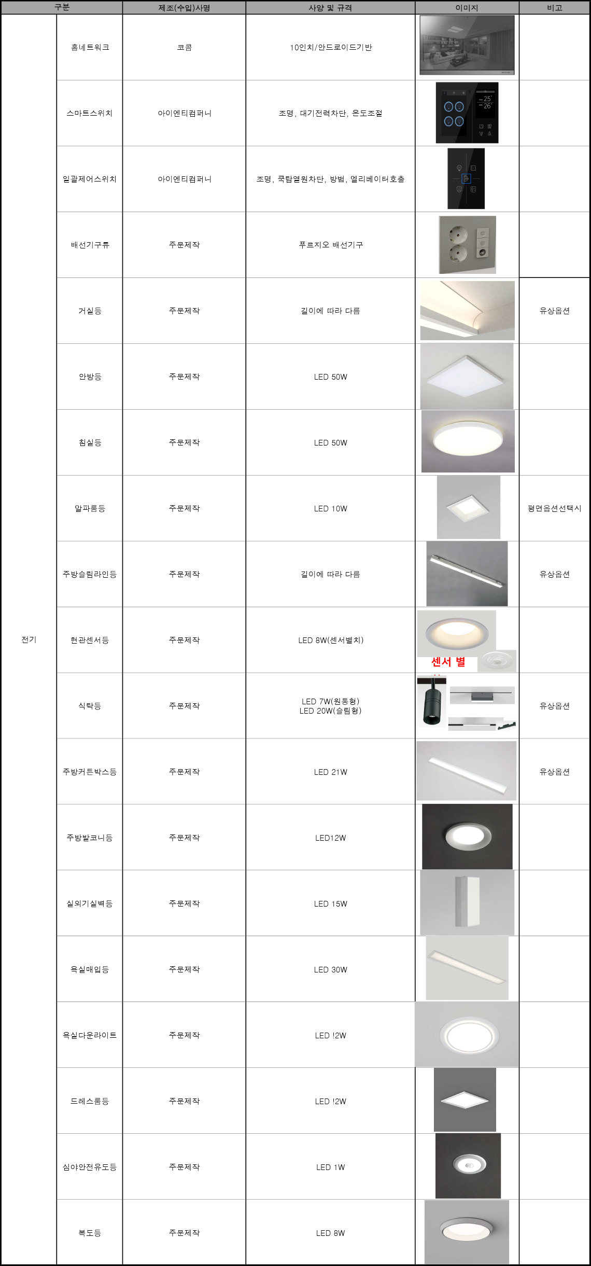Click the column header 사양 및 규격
(330, 8)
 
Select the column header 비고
(555, 8)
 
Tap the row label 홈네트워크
(90, 47)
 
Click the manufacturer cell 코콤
(185, 47)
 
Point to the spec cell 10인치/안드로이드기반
(331, 47)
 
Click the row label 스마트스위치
(90, 113)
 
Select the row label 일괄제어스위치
(90, 179)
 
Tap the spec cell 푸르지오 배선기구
(331, 245)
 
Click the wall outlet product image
(468, 245)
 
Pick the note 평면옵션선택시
(555, 508)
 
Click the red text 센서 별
(448, 662)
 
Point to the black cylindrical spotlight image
(432, 701)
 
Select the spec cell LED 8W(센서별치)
(331, 640)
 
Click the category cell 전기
(29, 639)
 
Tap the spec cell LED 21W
(331, 772)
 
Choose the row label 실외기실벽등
(90, 903)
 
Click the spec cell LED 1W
(331, 1167)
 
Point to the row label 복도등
(90, 1233)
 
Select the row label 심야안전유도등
(90, 1167)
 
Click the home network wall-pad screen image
(467, 45)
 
